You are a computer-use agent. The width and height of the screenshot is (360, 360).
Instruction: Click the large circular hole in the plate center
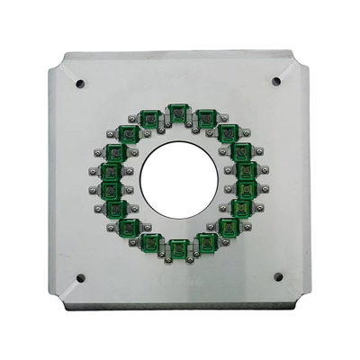click(178, 179)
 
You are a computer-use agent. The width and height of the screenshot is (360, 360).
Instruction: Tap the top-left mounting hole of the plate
click(80, 84)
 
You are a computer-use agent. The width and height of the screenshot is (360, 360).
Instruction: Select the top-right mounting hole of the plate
click(276, 81)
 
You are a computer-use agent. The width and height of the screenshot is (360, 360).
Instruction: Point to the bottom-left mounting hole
click(81, 278)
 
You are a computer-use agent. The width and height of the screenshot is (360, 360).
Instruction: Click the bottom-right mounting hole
click(277, 277)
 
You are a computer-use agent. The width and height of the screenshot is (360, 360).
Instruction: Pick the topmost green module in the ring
click(178, 112)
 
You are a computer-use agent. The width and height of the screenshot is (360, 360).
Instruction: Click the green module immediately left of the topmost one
click(150, 118)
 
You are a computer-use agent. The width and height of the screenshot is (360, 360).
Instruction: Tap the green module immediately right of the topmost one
click(206, 117)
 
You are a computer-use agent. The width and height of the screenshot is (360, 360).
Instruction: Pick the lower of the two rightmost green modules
click(247, 190)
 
